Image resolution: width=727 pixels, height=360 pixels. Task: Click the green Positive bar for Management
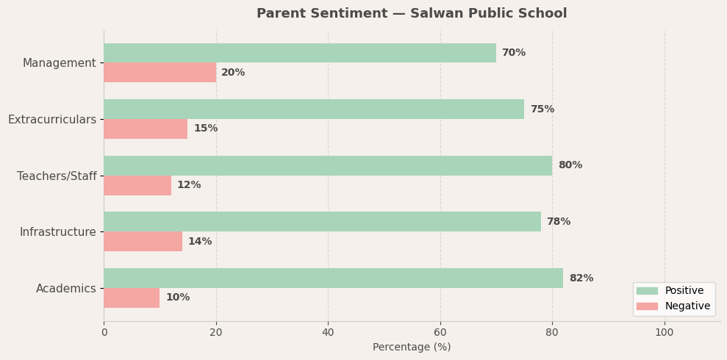click(299, 53)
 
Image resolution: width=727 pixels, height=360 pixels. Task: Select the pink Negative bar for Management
click(160, 73)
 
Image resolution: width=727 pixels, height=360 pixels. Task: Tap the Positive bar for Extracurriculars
click(314, 109)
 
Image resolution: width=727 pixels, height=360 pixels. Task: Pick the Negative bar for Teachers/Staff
click(137, 185)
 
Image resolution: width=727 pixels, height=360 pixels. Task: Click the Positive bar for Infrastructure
click(322, 222)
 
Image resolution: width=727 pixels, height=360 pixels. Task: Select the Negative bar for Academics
click(132, 298)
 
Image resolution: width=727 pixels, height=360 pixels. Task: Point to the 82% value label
click(581, 278)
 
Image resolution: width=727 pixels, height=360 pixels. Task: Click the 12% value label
click(189, 185)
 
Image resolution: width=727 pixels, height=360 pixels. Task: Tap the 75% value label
click(542, 109)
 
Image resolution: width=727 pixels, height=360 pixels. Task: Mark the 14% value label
click(200, 242)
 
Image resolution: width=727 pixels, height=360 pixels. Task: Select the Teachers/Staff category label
click(57, 176)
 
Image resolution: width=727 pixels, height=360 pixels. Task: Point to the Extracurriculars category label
click(52, 120)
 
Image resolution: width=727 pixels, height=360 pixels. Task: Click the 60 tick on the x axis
click(440, 332)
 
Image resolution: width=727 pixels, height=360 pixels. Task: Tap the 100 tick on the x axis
click(665, 332)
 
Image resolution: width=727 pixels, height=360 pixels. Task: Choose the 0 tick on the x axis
click(104, 332)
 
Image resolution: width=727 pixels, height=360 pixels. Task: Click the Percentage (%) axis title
click(412, 348)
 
